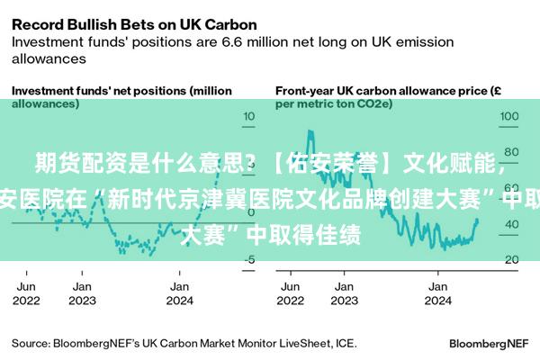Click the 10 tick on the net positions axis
tap(250, 117)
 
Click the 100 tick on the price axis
tap(508, 117)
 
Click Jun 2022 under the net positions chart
tap(27, 293)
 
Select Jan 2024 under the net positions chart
tap(181, 293)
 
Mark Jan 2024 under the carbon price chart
tap(439, 293)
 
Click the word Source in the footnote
tap(30, 343)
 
